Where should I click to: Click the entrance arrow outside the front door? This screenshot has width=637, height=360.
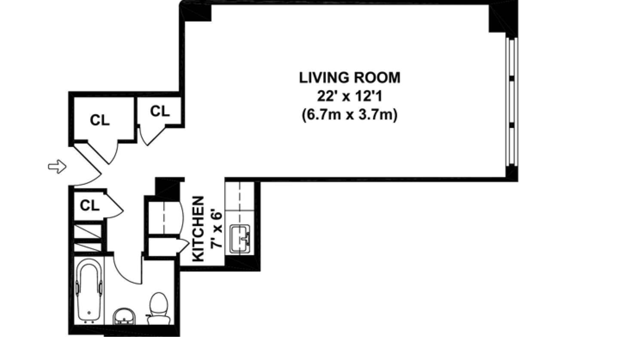[57, 166]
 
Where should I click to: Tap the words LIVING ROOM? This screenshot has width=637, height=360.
[349, 78]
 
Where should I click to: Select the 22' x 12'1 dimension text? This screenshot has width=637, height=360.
[349, 97]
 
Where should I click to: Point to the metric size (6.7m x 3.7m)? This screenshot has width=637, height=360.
[349, 115]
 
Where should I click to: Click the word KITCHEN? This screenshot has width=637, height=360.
[198, 229]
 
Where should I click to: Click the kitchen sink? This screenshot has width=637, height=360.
[240, 238]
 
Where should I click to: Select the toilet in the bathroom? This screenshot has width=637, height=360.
[159, 308]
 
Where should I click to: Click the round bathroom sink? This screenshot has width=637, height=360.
[124, 316]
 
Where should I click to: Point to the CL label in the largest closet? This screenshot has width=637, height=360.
[100, 120]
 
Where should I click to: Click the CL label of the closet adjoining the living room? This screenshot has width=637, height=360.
[160, 111]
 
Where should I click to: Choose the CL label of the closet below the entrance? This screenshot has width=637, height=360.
[89, 205]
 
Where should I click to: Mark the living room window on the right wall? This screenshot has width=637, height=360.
[512, 101]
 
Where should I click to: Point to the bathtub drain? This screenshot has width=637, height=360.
[89, 313]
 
